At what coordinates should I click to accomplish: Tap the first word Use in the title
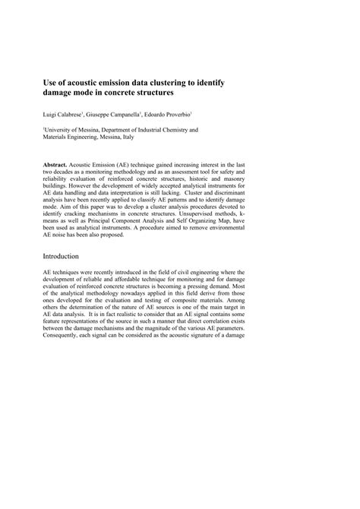click(50, 80)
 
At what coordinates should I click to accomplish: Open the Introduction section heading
click(67, 257)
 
